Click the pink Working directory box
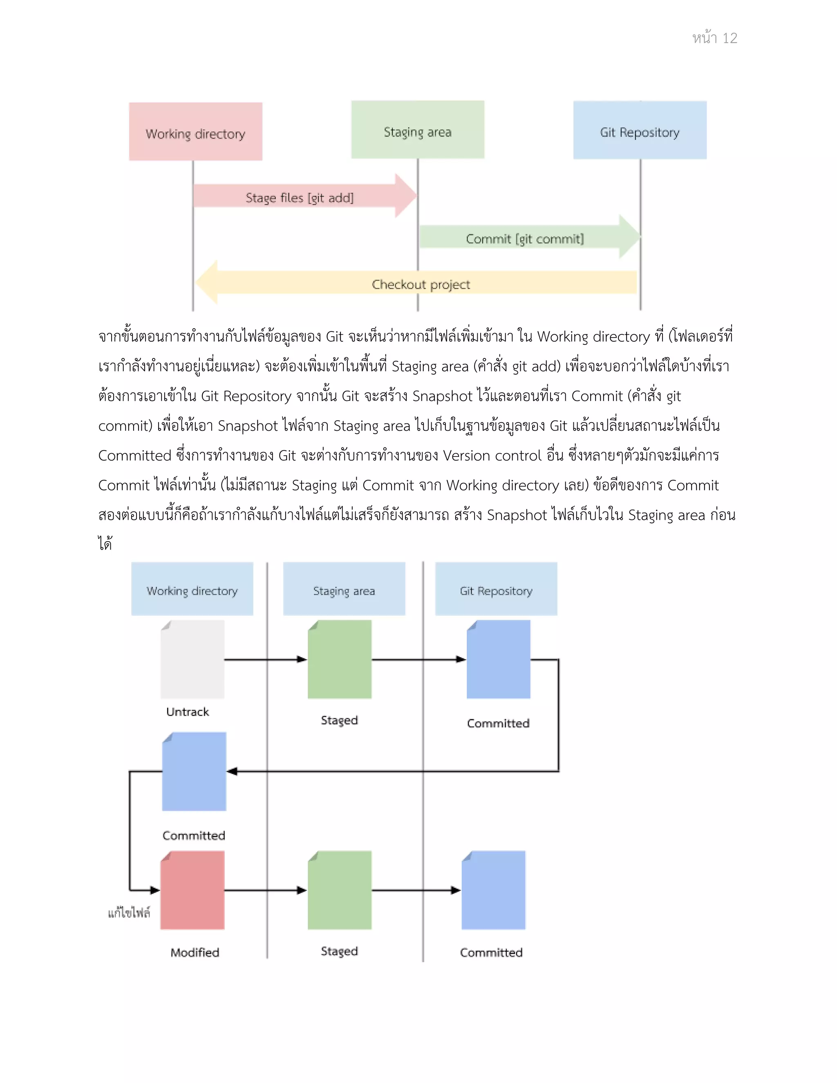[x=195, y=132]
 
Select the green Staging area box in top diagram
[x=418, y=130]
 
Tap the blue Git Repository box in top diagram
[x=640, y=130]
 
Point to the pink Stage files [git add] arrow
[x=300, y=197]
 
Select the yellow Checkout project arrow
[x=421, y=283]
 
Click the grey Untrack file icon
[x=192, y=660]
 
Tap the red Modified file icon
[x=192, y=890]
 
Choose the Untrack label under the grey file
[x=188, y=712]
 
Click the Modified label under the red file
[x=195, y=952]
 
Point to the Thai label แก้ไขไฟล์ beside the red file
[x=129, y=913]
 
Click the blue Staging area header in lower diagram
[x=344, y=589]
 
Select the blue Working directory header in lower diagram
[x=192, y=589]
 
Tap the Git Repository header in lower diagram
[x=496, y=589]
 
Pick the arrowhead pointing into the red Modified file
[x=155, y=890]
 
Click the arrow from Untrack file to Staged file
[x=265, y=659]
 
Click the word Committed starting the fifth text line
[x=134, y=455]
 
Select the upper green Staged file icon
[x=340, y=660]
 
